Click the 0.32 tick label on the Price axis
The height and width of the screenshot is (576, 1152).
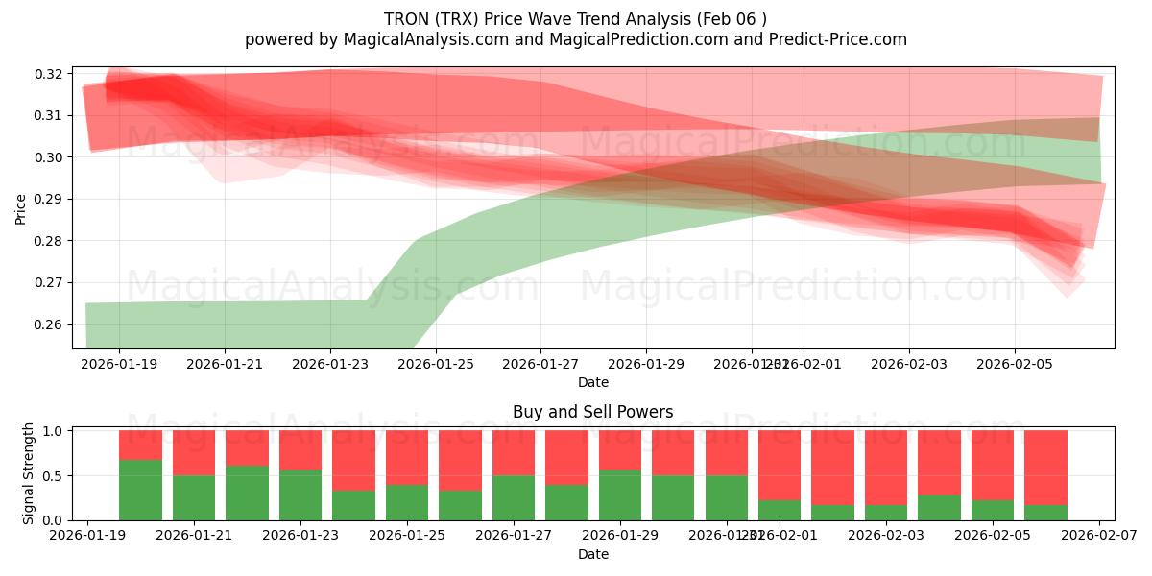point(50,74)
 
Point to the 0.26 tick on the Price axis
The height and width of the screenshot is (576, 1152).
point(50,324)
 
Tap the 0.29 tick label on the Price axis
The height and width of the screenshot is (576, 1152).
point(50,200)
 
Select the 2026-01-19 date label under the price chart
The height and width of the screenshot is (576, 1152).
point(119,364)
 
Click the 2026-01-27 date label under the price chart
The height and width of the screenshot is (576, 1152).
point(540,364)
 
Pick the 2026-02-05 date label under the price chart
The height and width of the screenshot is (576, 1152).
point(1015,364)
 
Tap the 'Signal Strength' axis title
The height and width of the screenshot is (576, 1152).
point(29,473)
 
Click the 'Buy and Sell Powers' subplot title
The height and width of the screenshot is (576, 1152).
point(592,412)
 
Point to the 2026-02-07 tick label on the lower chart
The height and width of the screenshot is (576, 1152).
point(1099,535)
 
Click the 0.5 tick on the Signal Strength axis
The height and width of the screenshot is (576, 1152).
point(54,475)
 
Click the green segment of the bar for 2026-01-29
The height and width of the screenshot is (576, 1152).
point(619,495)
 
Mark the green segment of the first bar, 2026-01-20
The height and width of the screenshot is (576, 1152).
point(140,490)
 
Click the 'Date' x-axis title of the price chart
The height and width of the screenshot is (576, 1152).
point(592,383)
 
